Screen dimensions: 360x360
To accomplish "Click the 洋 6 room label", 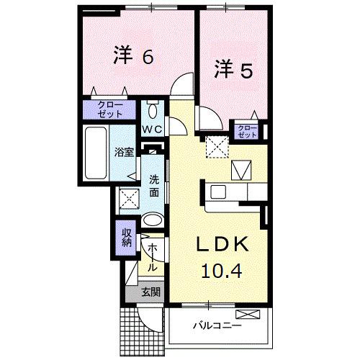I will (x=132, y=58).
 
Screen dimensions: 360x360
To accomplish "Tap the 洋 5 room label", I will (x=231, y=71).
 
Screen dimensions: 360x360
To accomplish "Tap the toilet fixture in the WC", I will (x=153, y=112).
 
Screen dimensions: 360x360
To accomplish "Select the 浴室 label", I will (x=124, y=153).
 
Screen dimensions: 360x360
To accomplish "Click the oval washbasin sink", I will (x=153, y=221).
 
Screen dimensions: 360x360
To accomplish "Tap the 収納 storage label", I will (x=126, y=237).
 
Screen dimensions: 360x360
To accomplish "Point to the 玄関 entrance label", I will (x=150, y=292).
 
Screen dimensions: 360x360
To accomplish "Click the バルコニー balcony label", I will (x=216, y=326).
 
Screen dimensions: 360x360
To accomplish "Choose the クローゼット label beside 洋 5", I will (x=248, y=132).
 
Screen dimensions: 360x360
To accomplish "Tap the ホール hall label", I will (x=153, y=257).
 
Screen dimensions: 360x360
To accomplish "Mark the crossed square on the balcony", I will (x=246, y=314).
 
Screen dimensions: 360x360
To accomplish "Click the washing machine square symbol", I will (x=129, y=196).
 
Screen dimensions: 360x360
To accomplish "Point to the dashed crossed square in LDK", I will (x=215, y=148).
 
